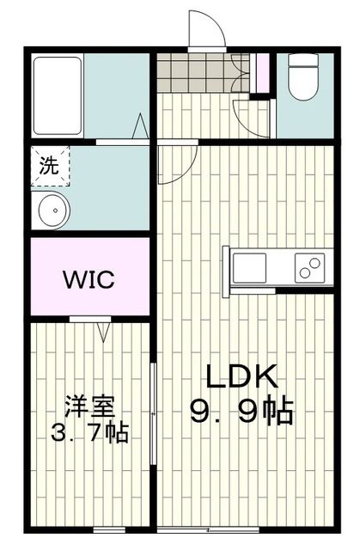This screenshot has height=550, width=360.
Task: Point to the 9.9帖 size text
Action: click(x=243, y=412)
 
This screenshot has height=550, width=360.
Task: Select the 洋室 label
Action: click(x=89, y=404)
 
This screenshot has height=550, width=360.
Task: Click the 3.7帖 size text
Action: click(x=89, y=431)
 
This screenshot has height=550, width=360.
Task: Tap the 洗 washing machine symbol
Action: click(x=48, y=166)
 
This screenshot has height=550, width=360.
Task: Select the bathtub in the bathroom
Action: click(x=58, y=95)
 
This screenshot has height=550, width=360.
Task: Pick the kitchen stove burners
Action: click(x=310, y=267)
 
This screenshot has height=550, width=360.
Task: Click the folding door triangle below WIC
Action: click(x=103, y=329)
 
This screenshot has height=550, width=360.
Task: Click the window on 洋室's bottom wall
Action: click(x=108, y=529)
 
